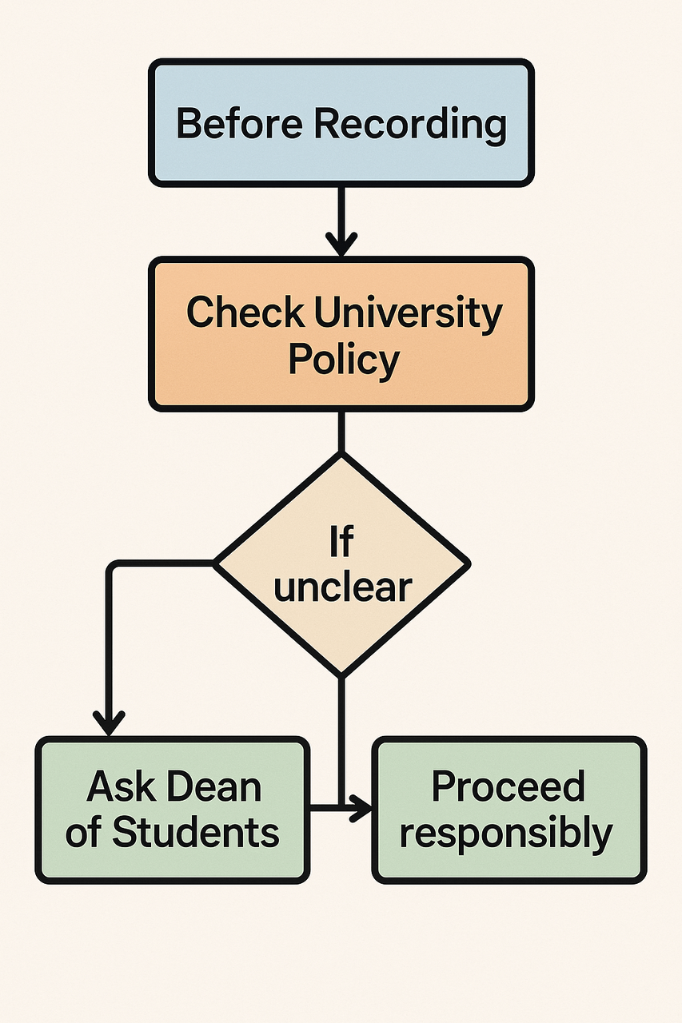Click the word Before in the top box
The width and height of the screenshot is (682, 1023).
(240, 125)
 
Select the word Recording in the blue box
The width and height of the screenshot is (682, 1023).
(410, 125)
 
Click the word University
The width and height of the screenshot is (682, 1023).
(408, 312)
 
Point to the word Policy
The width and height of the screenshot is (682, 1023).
(343, 360)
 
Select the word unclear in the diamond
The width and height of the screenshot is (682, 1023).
(342, 587)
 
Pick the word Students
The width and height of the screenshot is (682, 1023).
(195, 832)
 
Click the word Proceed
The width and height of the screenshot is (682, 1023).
(508, 786)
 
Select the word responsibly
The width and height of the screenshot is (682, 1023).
(506, 832)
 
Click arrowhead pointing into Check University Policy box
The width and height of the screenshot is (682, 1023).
(341, 243)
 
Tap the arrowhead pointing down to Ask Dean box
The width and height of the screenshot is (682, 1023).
(110, 722)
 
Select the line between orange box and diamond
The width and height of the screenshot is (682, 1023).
(341, 432)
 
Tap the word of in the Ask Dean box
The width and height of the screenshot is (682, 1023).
(84, 832)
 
